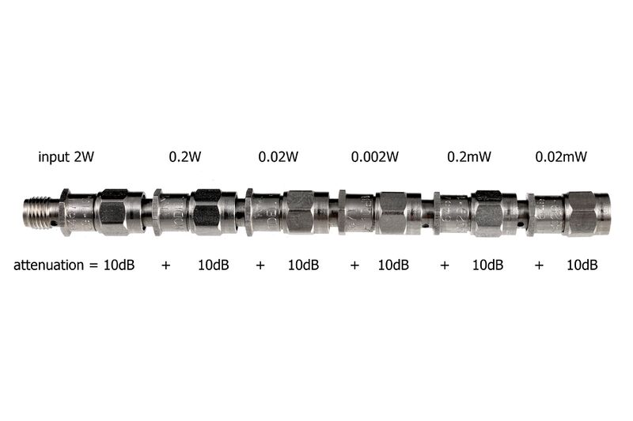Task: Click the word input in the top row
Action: (54, 157)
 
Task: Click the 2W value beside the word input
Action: (84, 156)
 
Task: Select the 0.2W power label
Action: (185, 156)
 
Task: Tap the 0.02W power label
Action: (279, 156)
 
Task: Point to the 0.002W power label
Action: (374, 156)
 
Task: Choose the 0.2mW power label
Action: (469, 156)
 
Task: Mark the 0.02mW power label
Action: (561, 156)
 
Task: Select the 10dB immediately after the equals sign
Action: (119, 265)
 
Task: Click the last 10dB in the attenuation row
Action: (582, 265)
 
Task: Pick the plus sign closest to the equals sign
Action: (165, 265)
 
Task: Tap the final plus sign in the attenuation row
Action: (539, 265)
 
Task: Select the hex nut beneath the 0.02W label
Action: (301, 212)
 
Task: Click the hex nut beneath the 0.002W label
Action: (392, 212)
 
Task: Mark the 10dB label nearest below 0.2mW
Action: (487, 265)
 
